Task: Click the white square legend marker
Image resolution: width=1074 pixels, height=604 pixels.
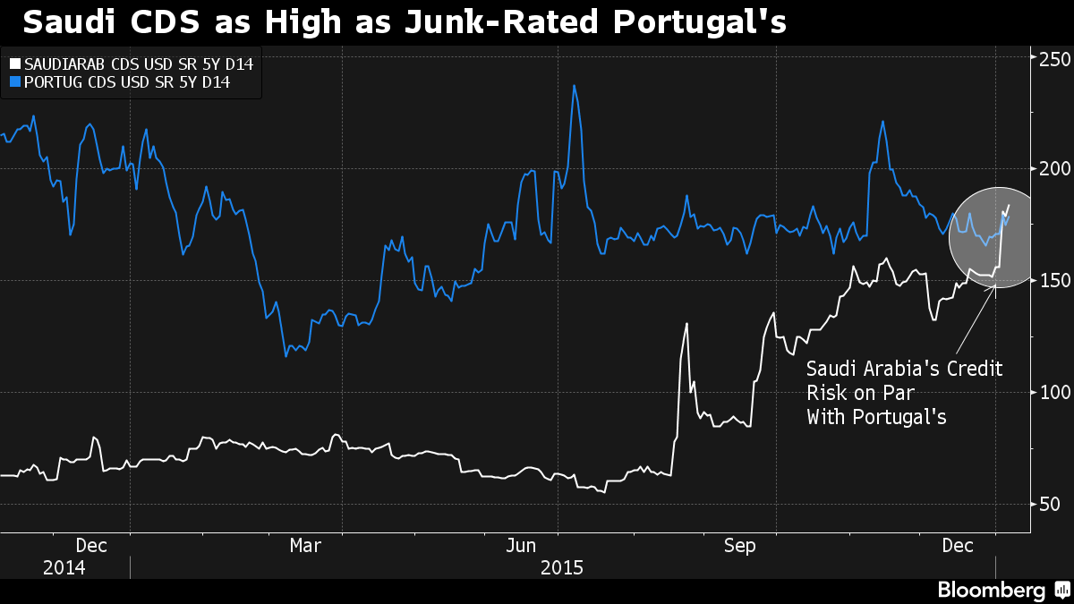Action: pyautogui.click(x=13, y=64)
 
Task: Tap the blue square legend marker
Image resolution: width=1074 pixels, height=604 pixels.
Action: pyautogui.click(x=13, y=83)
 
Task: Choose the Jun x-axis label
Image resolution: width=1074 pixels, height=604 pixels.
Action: pyautogui.click(x=522, y=545)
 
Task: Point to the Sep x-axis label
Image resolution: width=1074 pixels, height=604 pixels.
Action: pyautogui.click(x=739, y=545)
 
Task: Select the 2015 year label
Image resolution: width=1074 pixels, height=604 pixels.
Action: pyautogui.click(x=561, y=567)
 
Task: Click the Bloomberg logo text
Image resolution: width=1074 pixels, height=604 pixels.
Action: pyautogui.click(x=991, y=590)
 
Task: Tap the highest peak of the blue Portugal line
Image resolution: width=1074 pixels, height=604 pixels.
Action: pyautogui.click(x=574, y=86)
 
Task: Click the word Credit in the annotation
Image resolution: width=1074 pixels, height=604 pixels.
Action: pyautogui.click(x=971, y=369)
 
